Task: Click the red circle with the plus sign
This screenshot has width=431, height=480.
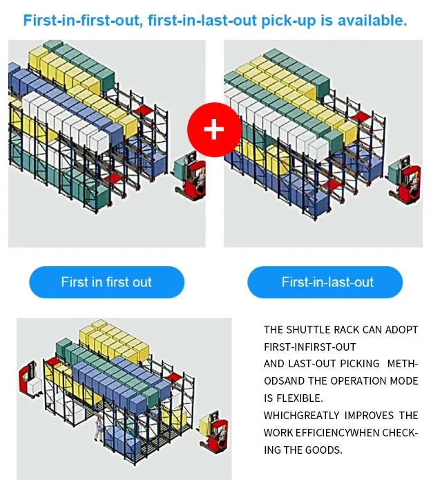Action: (214, 129)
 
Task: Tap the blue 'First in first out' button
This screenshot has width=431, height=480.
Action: (106, 282)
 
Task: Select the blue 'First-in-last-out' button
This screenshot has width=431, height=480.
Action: (325, 282)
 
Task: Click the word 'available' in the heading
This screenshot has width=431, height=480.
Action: (372, 21)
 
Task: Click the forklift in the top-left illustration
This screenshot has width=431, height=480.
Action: (189, 175)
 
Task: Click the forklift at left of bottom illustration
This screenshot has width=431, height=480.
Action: (30, 379)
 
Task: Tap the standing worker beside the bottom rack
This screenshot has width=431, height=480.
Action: (99, 428)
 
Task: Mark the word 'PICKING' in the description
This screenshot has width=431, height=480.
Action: (359, 363)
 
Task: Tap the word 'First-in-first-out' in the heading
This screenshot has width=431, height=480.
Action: (82, 21)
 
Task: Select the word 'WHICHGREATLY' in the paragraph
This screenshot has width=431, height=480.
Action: (301, 416)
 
